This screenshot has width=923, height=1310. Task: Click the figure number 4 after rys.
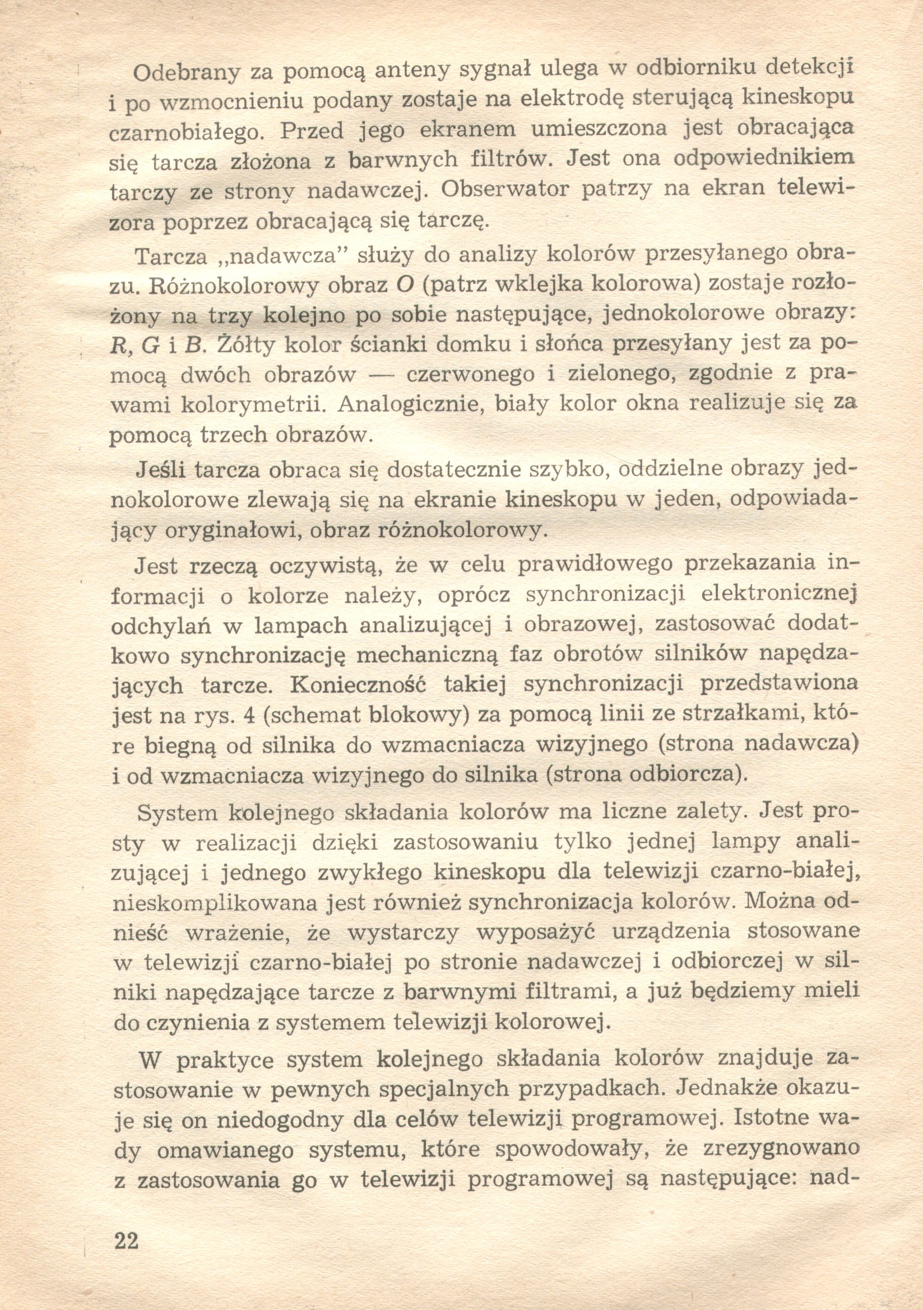click(248, 715)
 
